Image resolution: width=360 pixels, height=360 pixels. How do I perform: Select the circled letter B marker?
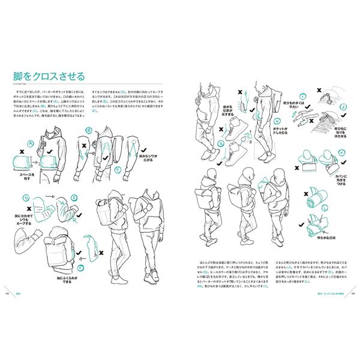click(x=89, y=129)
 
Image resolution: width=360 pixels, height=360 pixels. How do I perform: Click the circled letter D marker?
click(x=26, y=196)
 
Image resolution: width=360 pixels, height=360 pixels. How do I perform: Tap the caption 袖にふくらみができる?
click(x=64, y=280)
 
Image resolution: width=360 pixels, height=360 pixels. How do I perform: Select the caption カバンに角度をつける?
click(x=341, y=178)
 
